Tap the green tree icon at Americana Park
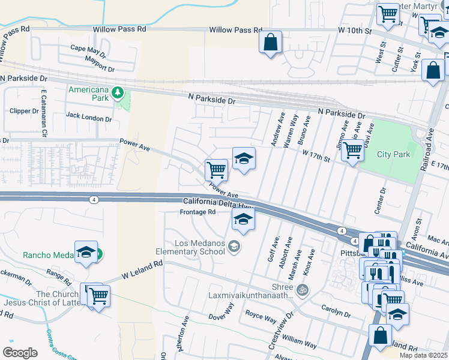click(x=119, y=92)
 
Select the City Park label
click(x=393, y=154)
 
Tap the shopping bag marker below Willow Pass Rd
click(x=271, y=43)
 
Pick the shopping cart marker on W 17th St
click(x=352, y=150)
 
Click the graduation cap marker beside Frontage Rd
click(x=243, y=220)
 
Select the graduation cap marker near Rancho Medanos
click(x=86, y=253)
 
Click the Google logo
click(x=20, y=352)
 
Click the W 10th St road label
click(x=347, y=30)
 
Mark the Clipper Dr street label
click(x=24, y=111)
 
